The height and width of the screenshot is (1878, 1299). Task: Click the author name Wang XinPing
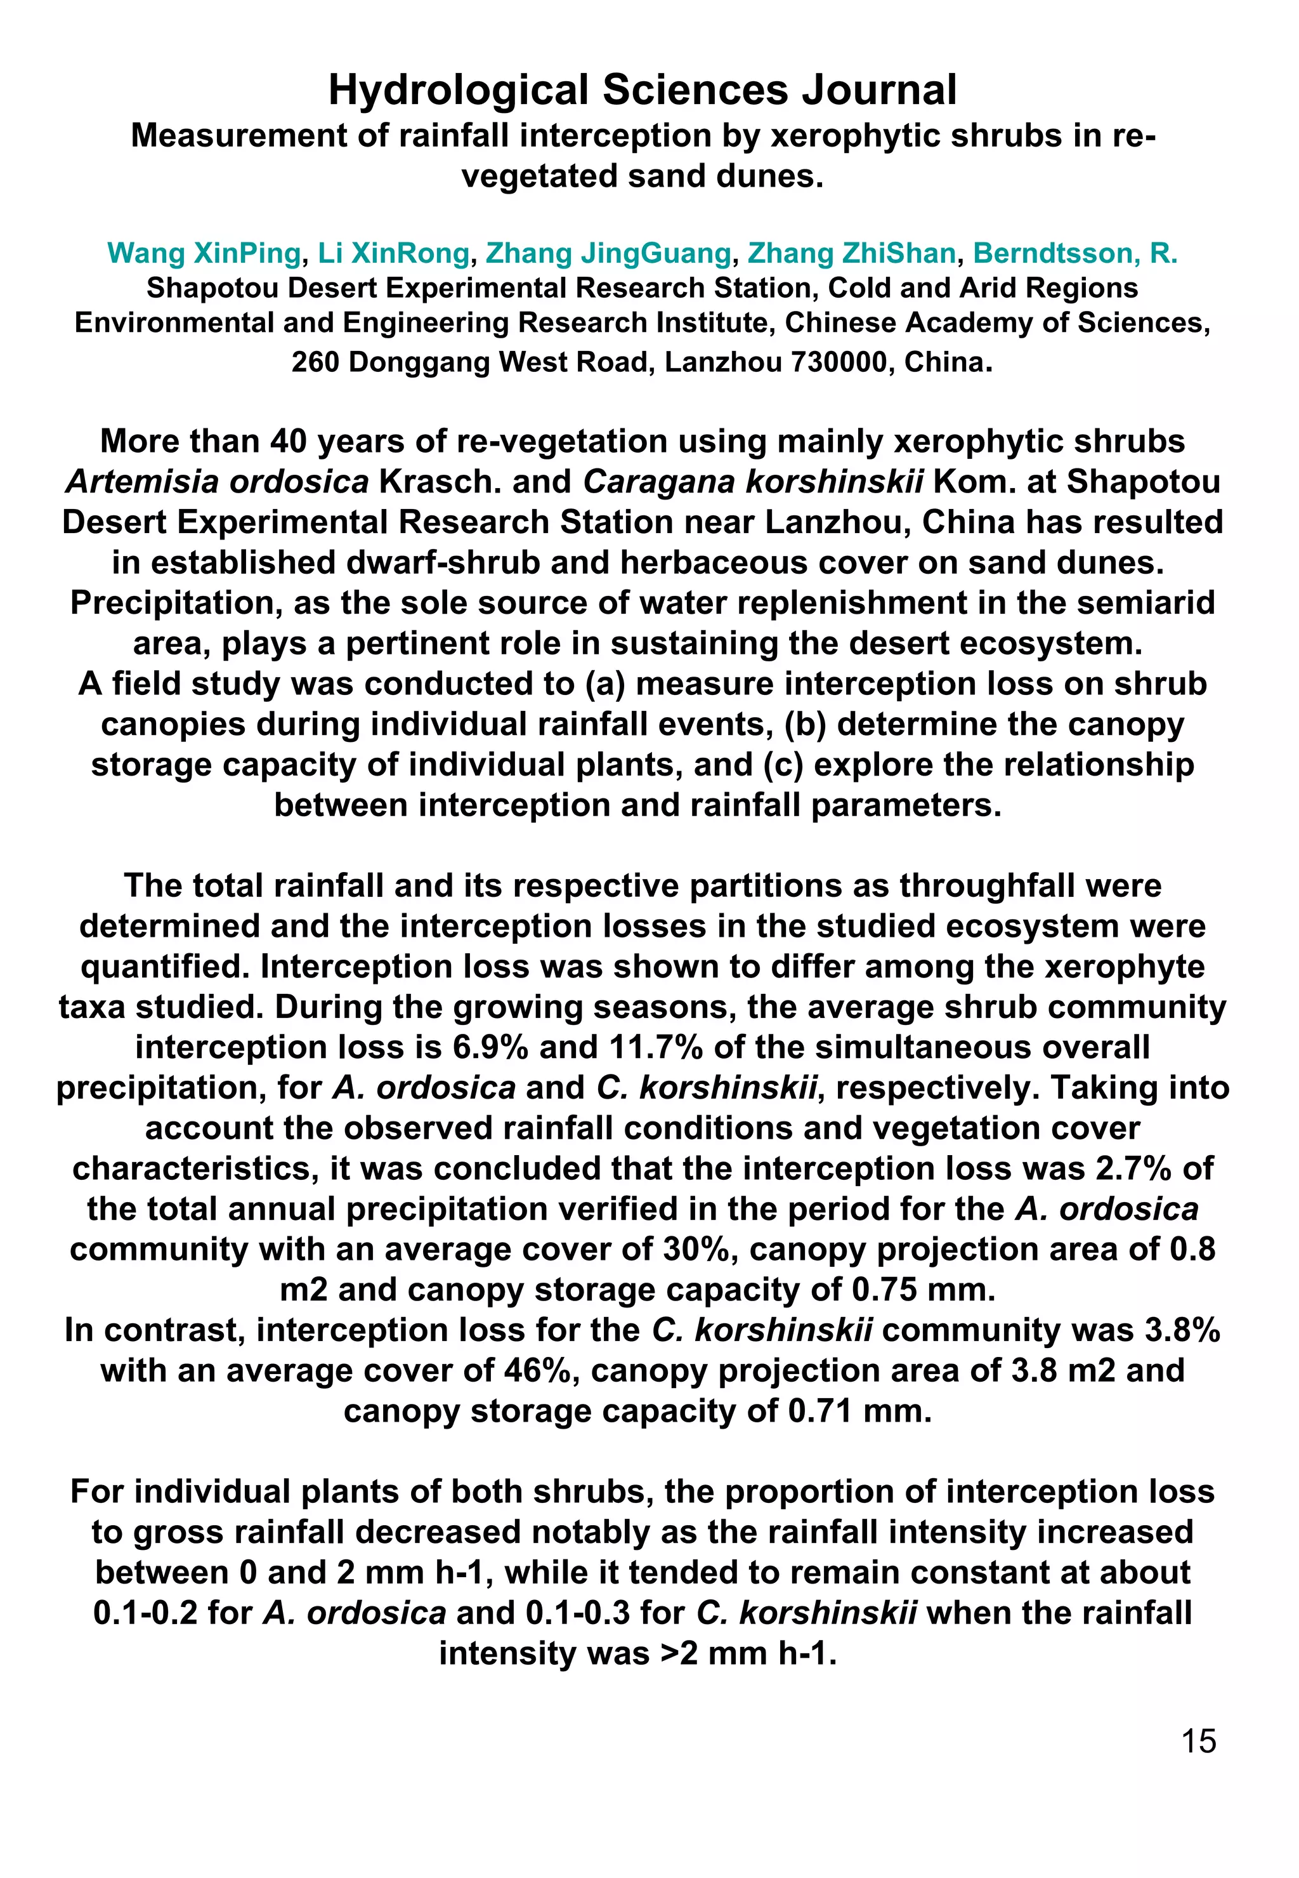204,253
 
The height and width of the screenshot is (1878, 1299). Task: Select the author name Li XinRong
393,253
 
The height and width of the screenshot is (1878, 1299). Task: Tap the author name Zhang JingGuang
608,253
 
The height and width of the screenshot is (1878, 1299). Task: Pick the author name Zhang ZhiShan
851,253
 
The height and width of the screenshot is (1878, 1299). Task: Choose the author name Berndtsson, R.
1075,253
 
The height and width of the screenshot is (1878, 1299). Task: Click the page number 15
1198,1740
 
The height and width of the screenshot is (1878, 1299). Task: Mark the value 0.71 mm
859,1410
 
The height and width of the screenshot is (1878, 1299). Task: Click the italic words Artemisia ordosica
218,482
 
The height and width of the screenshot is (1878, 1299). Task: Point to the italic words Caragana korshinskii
753,482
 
